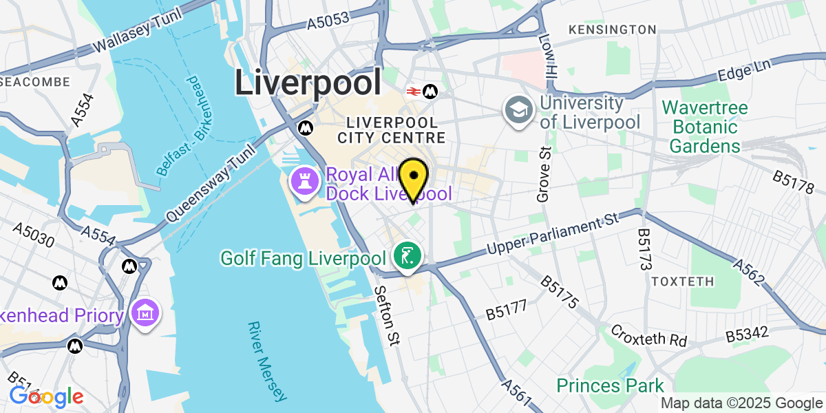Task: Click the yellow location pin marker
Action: point(414,177)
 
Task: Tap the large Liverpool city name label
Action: point(308,83)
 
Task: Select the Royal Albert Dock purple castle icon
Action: point(301,182)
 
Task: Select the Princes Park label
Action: point(611,385)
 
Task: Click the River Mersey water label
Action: point(266,361)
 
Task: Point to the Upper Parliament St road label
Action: point(551,236)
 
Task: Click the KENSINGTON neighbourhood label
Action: point(613,30)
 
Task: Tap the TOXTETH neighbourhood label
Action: point(678,282)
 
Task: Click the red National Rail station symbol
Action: point(414,91)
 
